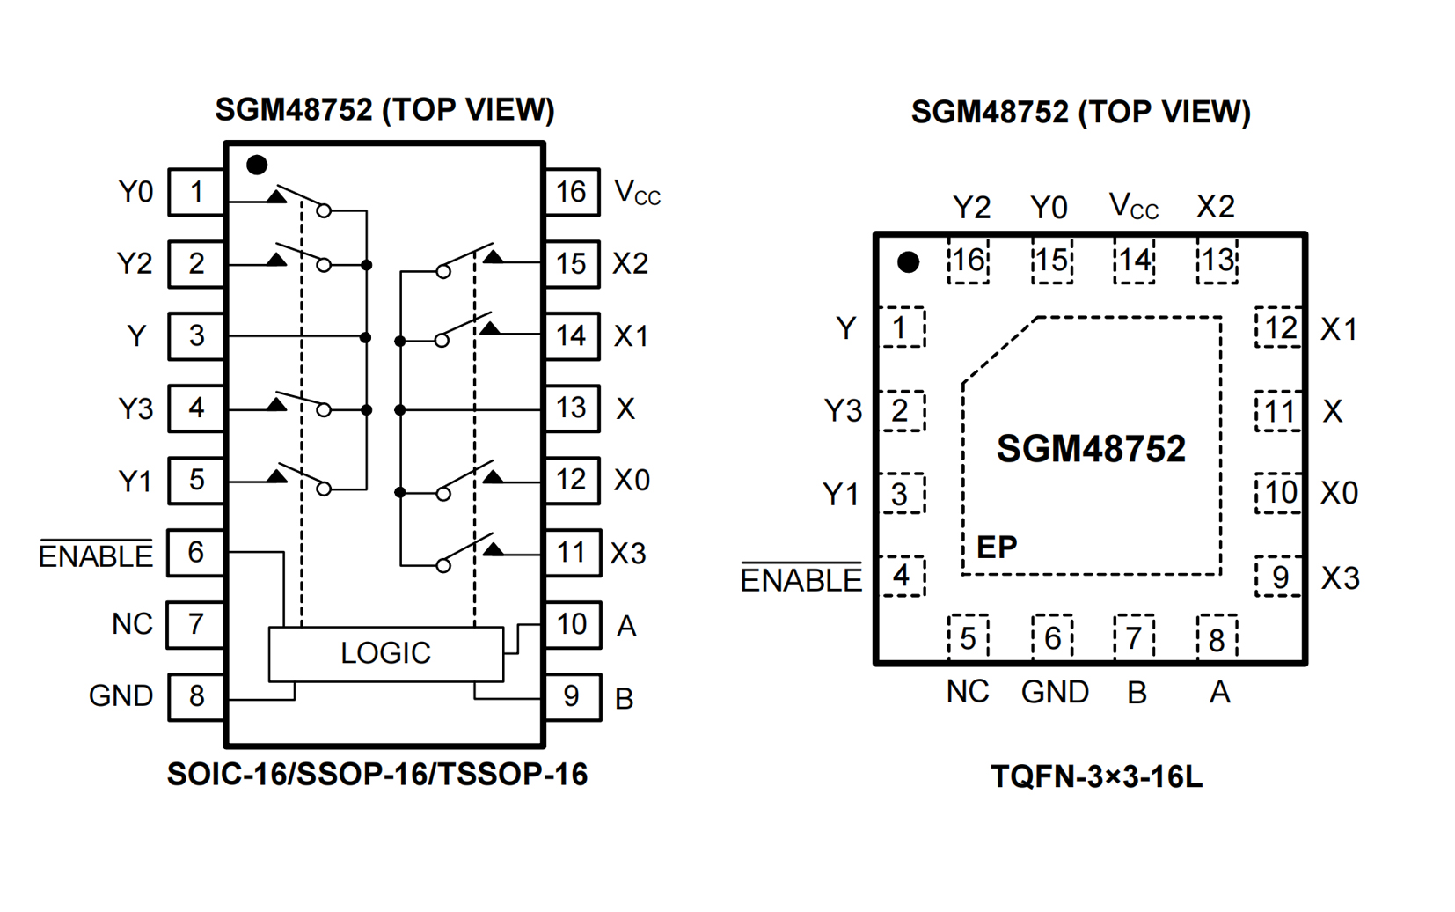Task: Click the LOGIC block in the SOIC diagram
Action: [385, 653]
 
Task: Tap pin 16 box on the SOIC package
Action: [572, 192]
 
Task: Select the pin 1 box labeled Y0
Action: [196, 192]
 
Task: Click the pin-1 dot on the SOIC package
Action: [257, 165]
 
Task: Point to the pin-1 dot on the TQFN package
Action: [909, 261]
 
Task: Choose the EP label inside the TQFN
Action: [997, 548]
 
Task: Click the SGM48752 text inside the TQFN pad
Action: [1091, 449]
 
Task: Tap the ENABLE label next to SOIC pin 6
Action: [96, 555]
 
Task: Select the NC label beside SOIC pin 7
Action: [132, 624]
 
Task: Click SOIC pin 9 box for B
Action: [572, 697]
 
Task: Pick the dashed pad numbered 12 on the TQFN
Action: [1279, 328]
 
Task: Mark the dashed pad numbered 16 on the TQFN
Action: [968, 261]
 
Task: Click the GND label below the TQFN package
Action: [1055, 692]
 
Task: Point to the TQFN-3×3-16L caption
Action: [1096, 776]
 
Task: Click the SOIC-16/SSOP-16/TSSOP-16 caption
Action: [377, 774]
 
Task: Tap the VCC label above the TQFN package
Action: [1133, 206]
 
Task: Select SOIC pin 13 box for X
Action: [572, 408]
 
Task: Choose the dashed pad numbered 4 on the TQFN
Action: [903, 577]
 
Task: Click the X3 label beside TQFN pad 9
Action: [1341, 577]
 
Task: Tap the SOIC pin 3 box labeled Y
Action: [196, 336]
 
